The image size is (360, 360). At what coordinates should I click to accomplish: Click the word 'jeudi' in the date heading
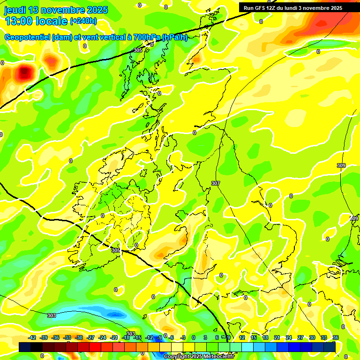click(x=15, y=10)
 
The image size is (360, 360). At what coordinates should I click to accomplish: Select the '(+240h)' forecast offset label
click(x=83, y=21)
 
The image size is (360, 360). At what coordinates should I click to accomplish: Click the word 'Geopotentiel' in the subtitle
click(x=27, y=37)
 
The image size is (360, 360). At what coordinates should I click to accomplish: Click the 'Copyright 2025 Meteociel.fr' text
click(x=199, y=356)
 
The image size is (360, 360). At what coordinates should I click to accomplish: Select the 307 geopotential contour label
click(x=216, y=183)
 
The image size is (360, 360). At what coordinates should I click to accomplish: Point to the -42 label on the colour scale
click(x=32, y=337)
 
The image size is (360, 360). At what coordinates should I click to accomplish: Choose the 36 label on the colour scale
click(x=336, y=337)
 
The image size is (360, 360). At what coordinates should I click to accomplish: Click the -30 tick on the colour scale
click(x=79, y=337)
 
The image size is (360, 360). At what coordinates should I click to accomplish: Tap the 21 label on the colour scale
click(x=277, y=337)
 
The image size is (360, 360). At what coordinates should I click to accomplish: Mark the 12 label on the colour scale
click(x=242, y=337)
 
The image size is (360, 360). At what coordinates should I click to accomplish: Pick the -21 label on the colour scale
click(x=114, y=337)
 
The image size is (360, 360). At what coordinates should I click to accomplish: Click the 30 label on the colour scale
click(x=312, y=337)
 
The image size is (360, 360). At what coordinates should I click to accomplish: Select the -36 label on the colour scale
click(x=56, y=337)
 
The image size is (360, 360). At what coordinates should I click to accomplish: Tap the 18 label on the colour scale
click(x=265, y=337)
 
